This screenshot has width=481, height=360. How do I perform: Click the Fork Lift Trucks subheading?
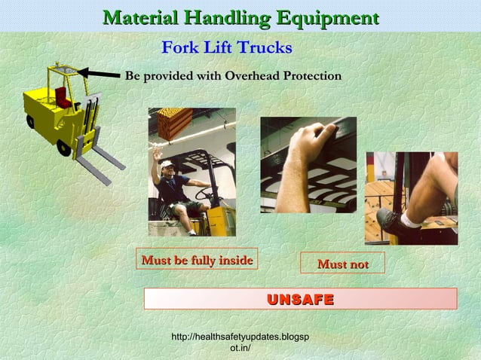tap(227, 48)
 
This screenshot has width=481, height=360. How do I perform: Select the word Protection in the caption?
tap(310, 76)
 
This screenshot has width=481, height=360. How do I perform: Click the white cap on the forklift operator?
tap(166, 163)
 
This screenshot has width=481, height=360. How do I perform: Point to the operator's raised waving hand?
tap(156, 154)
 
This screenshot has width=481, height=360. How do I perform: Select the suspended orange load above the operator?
tap(175, 122)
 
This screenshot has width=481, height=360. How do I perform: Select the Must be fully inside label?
tap(197, 260)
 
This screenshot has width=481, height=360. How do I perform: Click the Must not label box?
tap(342, 264)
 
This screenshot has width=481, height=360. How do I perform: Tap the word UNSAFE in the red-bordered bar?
tap(300, 299)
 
